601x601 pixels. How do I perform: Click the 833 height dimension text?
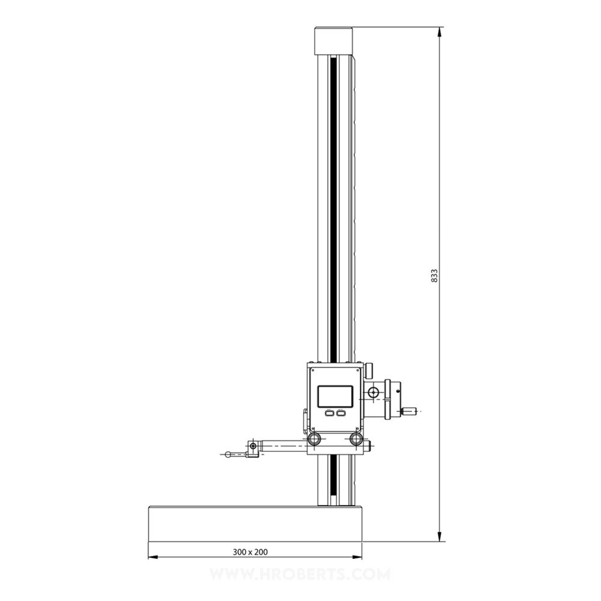435,275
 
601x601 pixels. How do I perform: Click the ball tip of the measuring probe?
228,454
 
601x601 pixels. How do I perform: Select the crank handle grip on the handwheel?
409,411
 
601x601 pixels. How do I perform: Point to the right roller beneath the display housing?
356,438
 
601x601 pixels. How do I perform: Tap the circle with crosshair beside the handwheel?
374,393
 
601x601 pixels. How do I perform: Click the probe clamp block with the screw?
252,448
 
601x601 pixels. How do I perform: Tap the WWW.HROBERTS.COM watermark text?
300,575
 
